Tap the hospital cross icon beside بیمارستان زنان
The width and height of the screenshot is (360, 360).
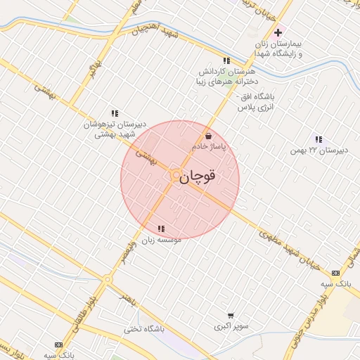278,32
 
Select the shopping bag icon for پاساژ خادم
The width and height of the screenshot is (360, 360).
207,136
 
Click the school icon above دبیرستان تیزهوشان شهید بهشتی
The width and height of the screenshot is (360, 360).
115,112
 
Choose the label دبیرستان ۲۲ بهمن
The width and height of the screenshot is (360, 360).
319,150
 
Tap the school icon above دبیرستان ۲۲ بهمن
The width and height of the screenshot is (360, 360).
319,139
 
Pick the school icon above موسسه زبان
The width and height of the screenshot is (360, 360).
162,229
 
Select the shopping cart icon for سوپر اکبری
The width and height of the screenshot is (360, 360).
231,316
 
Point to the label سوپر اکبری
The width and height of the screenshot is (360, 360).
230,328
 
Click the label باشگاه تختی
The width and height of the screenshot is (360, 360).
144,328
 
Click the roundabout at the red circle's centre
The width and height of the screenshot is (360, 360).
173,175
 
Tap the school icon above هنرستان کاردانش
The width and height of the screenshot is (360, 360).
226,60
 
